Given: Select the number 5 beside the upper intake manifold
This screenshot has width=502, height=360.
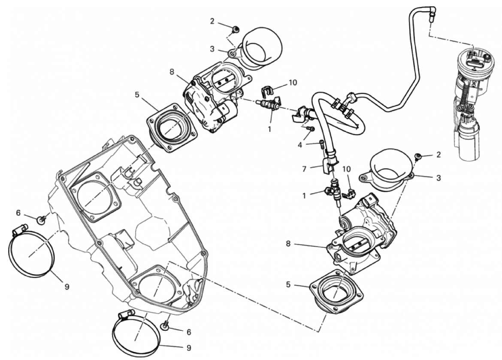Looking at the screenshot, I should coord(137,94).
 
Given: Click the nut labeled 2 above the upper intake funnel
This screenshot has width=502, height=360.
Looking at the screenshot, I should coord(236,30).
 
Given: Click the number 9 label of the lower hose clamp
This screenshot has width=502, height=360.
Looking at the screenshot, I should coord(188,347).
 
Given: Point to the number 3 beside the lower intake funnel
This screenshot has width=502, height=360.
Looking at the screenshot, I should coord(438,177).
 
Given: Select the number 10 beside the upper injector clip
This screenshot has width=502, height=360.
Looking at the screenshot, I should coord(293,82).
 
